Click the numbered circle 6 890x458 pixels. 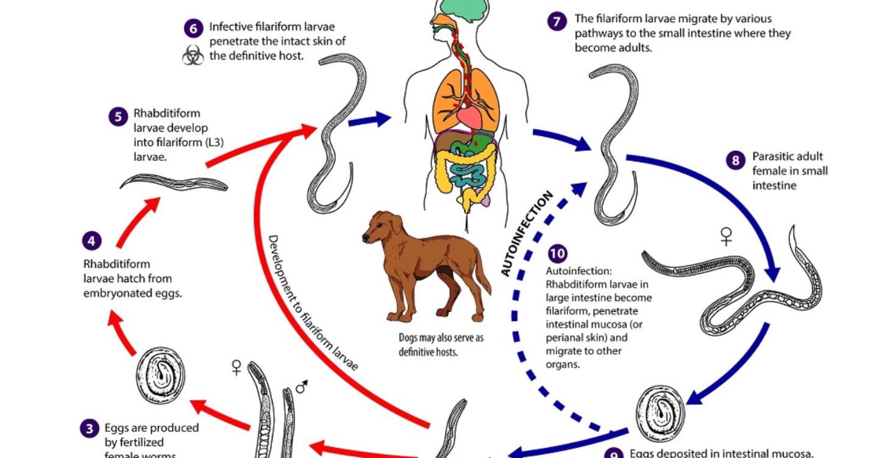(x=193, y=28)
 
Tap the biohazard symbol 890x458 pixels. (x=193, y=56)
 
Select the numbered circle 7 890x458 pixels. (x=557, y=22)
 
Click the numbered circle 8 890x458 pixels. (x=735, y=160)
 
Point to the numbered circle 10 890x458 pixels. (x=557, y=254)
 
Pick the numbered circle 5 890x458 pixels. (x=118, y=116)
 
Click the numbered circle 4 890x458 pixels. (x=91, y=241)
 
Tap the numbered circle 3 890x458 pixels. (x=89, y=429)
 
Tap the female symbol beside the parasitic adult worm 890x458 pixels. (x=725, y=236)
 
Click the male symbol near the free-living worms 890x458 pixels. (x=301, y=386)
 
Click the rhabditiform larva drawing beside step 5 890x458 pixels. (x=174, y=182)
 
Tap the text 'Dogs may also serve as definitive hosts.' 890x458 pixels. (x=441, y=345)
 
